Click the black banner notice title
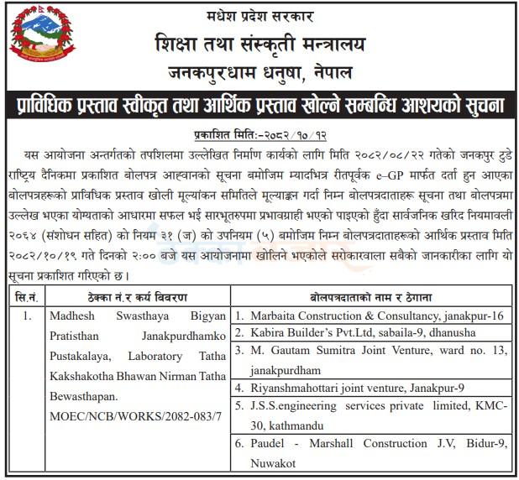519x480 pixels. point(259,107)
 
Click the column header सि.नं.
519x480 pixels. point(25,298)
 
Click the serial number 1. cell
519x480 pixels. point(27,316)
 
